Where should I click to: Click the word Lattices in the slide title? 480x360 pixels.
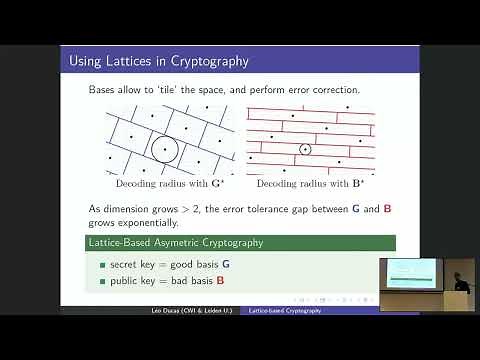[116, 62]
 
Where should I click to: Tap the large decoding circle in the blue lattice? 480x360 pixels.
[164, 150]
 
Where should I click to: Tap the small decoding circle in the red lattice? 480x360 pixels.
[305, 150]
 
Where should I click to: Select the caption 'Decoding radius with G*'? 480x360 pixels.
[160, 185]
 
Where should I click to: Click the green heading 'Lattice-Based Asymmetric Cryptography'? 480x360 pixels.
[169, 243]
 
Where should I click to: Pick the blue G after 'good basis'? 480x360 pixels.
[225, 263]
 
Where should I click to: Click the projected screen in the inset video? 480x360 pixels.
[406, 269]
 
